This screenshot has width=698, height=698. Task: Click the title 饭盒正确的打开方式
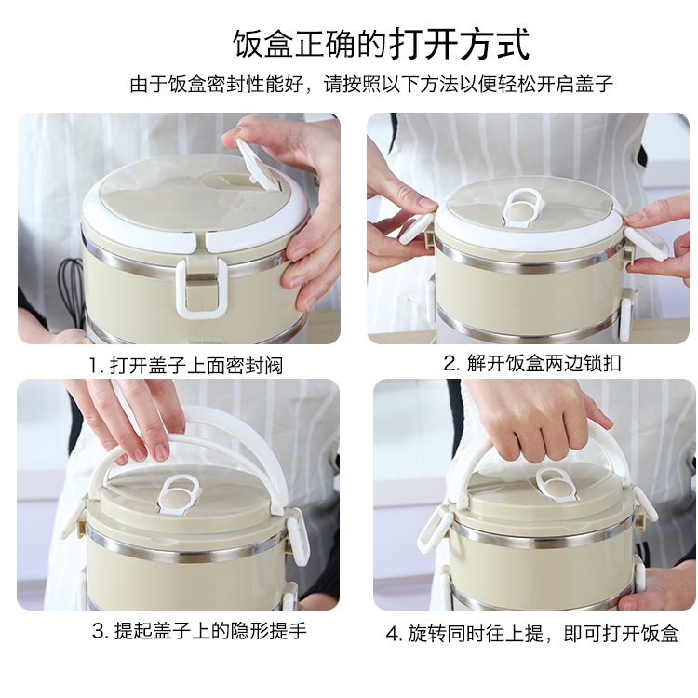point(381,44)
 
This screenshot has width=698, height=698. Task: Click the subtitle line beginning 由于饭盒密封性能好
point(371,84)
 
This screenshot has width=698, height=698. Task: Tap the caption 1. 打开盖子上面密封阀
point(185,366)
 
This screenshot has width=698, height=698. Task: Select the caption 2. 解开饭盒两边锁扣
point(532,363)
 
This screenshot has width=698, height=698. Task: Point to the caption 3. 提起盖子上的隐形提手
point(200,631)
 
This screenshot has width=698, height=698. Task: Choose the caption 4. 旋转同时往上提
point(532,634)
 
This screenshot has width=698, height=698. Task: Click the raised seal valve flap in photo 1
point(259,164)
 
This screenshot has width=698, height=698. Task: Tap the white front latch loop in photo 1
point(200,289)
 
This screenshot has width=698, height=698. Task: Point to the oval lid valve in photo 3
point(179,493)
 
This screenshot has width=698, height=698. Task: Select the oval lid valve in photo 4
point(557,484)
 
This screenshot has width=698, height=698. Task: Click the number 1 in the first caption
point(93,366)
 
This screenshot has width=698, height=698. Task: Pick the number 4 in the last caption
point(392,634)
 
